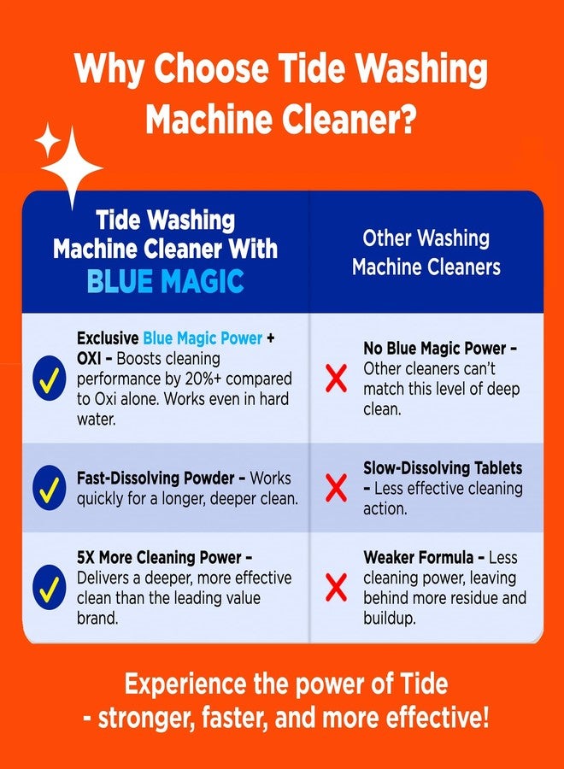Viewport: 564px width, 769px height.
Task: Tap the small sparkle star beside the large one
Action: pyautogui.click(x=47, y=138)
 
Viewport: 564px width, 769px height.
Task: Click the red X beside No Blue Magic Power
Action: pyautogui.click(x=337, y=379)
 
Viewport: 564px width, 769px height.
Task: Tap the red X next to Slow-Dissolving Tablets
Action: pyautogui.click(x=337, y=488)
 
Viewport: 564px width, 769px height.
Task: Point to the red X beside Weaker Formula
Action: pyautogui.click(x=337, y=587)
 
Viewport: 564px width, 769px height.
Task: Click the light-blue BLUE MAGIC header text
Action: pyautogui.click(x=165, y=281)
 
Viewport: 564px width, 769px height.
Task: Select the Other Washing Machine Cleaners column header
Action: pyautogui.click(x=426, y=252)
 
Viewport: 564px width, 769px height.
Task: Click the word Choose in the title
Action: pyautogui.click(x=214, y=69)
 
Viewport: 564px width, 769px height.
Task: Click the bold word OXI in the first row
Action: pyautogui.click(x=92, y=358)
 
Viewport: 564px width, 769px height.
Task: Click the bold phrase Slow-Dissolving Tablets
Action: pyautogui.click(x=443, y=468)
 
